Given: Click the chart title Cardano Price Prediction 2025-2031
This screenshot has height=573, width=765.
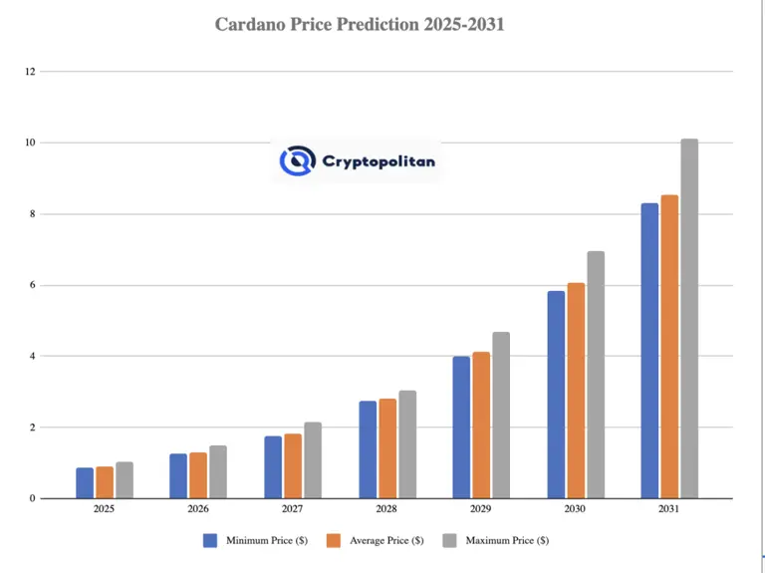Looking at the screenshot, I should (x=360, y=24).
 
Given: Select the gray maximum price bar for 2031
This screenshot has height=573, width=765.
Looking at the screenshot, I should (x=689, y=319).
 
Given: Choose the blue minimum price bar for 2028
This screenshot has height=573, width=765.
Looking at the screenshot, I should (x=368, y=449).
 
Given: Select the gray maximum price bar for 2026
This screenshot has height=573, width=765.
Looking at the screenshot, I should (x=218, y=471).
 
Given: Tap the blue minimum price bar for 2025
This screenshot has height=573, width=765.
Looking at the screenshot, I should (x=85, y=483).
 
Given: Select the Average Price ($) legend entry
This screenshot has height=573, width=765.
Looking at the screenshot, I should (x=381, y=540).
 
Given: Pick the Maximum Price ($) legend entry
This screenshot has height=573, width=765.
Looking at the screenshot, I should (x=503, y=540).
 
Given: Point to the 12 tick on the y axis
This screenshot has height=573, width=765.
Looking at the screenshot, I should (x=30, y=72).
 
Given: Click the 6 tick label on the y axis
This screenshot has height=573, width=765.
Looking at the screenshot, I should (x=32, y=285).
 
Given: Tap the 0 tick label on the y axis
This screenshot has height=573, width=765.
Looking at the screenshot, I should (x=32, y=498).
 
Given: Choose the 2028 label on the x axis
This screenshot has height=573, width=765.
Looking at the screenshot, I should (x=386, y=508).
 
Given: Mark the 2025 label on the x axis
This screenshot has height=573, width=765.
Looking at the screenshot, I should (x=104, y=508).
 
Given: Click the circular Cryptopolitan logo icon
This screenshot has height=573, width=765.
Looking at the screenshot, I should (x=297, y=159).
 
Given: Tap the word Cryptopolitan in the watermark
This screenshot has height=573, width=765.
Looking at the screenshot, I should (x=379, y=160).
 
